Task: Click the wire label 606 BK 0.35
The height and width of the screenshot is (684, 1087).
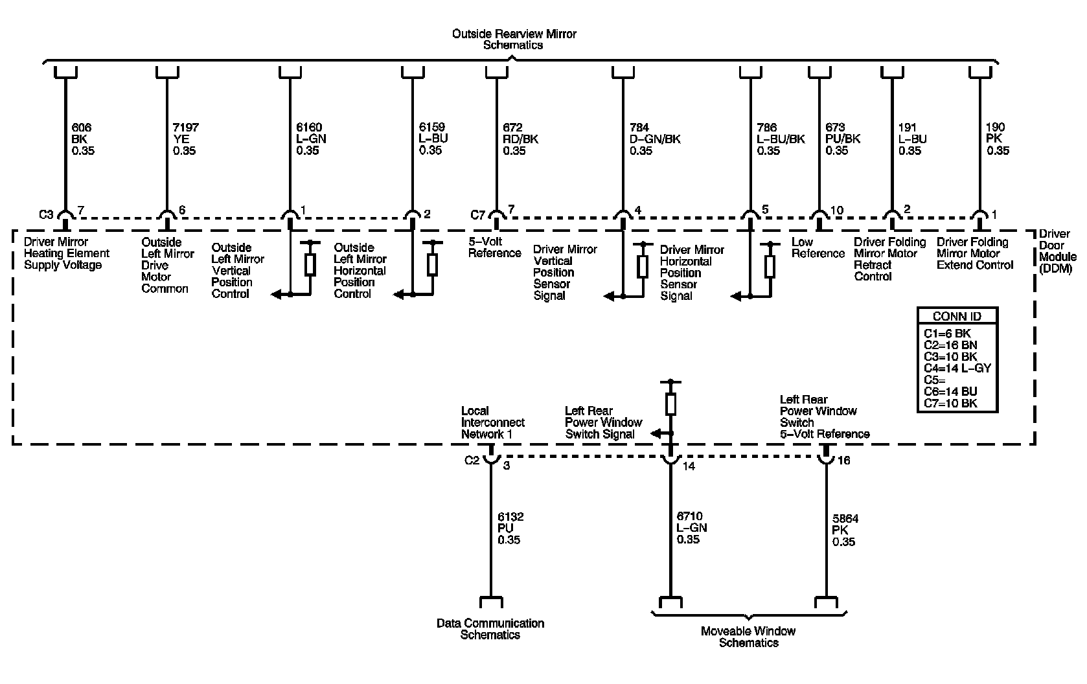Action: click(x=82, y=139)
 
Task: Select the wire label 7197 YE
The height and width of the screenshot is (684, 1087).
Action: click(x=185, y=139)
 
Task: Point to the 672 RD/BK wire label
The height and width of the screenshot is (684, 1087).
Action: click(x=520, y=139)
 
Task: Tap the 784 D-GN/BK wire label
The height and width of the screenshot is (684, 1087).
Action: click(x=655, y=139)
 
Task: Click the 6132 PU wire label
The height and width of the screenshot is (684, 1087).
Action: click(x=510, y=529)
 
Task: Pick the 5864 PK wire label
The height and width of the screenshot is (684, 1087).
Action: click(x=845, y=530)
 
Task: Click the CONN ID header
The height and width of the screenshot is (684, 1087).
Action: click(x=957, y=317)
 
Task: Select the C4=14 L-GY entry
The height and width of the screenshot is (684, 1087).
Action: click(x=957, y=369)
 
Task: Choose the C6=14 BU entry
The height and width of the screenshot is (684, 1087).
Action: click(x=950, y=392)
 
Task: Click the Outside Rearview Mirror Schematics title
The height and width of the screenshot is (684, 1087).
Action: click(x=514, y=40)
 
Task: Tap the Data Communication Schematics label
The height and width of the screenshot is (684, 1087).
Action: click(x=490, y=629)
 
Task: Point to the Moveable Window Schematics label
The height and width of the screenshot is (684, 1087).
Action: click(x=748, y=637)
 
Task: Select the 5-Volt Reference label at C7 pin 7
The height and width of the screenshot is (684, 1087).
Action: click(x=494, y=247)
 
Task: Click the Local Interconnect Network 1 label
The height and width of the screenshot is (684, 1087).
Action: click(x=492, y=422)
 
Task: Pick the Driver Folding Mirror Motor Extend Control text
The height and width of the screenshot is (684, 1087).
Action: click(x=974, y=253)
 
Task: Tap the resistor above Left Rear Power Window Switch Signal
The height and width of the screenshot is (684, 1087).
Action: click(x=670, y=404)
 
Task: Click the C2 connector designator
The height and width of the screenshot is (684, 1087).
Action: click(x=472, y=461)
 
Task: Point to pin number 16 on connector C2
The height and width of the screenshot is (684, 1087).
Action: click(x=843, y=461)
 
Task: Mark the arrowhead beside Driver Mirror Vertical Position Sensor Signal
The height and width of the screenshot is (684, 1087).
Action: click(x=608, y=297)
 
